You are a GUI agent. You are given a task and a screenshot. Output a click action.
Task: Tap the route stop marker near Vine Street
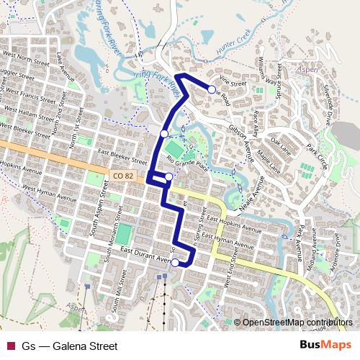point(212,89)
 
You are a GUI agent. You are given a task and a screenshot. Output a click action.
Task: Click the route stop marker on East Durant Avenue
point(175,263)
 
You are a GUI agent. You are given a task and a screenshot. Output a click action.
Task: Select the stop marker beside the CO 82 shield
point(168,177)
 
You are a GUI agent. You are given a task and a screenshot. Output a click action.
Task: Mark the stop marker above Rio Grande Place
point(164,133)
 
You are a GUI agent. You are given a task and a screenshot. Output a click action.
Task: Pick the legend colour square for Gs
point(10,346)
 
